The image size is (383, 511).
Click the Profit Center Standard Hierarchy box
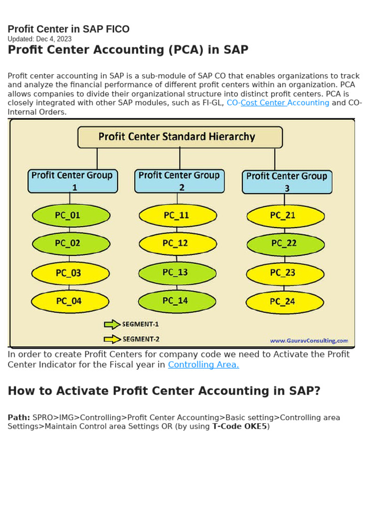180,137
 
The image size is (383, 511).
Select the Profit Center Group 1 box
73,181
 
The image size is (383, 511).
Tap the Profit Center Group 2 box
180,181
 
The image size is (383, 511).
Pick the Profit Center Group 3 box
287,182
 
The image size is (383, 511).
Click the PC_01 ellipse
71,216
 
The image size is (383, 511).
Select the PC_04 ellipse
70,301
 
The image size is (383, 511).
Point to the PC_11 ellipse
178,216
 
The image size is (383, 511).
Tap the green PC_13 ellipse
177,272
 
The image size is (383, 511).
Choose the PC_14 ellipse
177,301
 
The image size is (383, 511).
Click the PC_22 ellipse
285,244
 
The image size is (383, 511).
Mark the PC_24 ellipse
284,301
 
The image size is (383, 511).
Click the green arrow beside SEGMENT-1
112,324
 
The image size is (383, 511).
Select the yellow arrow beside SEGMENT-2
112,339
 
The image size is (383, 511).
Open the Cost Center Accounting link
285,103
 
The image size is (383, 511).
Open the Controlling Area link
203,365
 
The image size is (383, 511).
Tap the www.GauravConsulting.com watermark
309,341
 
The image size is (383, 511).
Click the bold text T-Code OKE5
240,427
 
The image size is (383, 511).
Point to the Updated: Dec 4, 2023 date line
39,39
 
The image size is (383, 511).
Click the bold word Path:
19,418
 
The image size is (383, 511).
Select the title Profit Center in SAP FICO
68,29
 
